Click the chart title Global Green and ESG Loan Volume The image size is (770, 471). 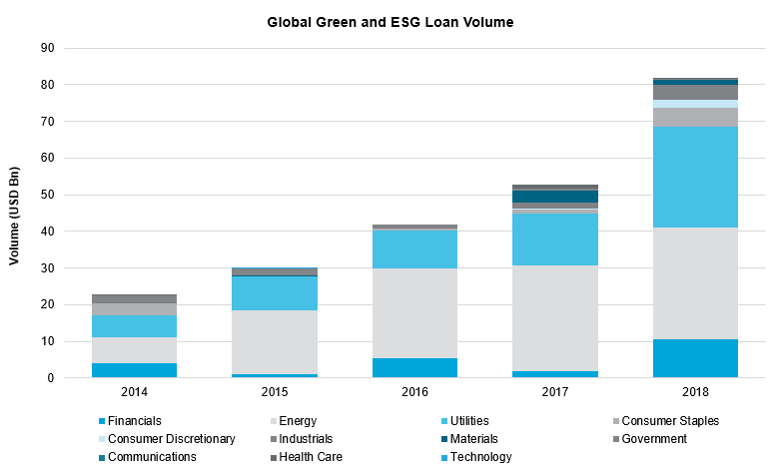(x=390, y=22)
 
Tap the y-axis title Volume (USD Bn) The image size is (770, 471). (x=15, y=213)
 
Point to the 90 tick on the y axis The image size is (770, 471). (x=47, y=48)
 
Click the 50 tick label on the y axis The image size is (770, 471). (x=47, y=195)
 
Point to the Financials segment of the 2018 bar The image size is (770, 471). (x=695, y=358)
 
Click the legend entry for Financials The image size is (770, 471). (x=135, y=421)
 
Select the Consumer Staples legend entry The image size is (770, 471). (x=669, y=421)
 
